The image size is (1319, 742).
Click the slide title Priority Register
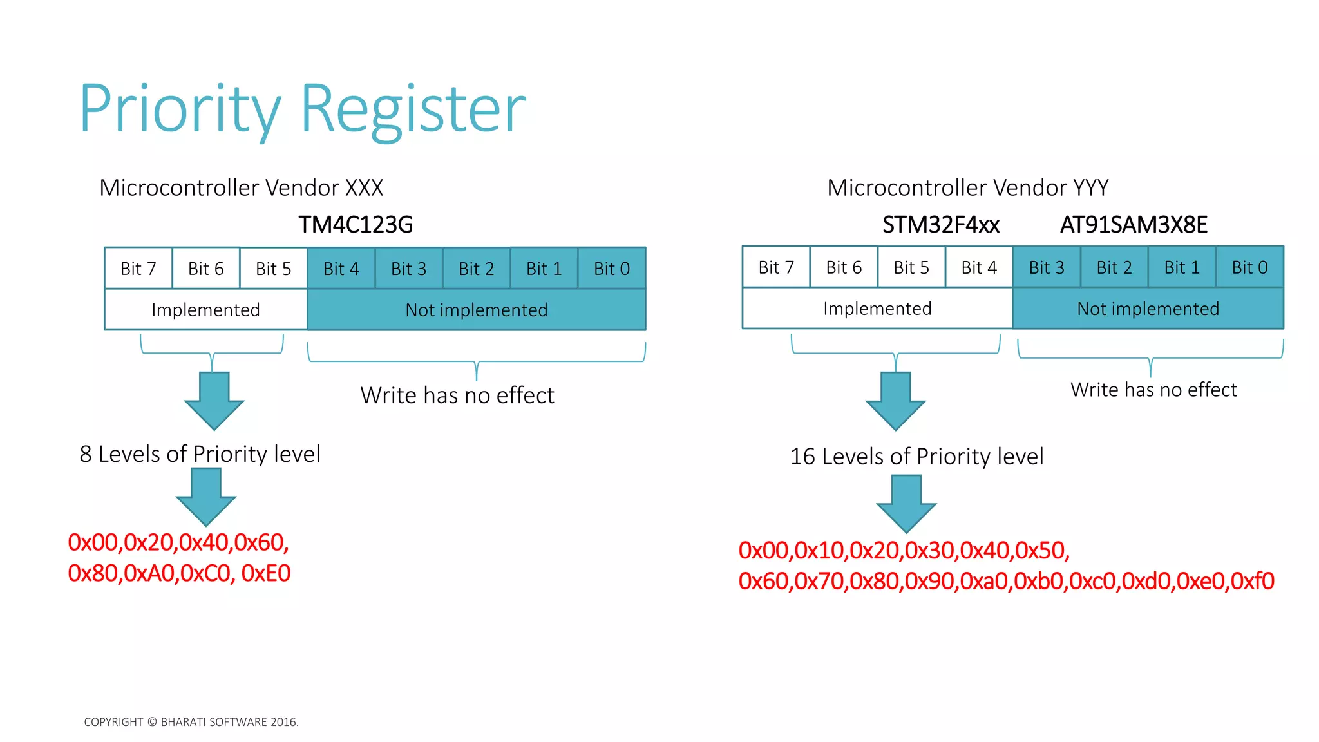tap(303, 109)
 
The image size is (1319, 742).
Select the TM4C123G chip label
tap(356, 225)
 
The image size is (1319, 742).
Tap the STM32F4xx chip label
tap(940, 225)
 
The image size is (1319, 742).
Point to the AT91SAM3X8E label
tap(1134, 225)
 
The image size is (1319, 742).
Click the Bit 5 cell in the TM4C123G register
tap(273, 269)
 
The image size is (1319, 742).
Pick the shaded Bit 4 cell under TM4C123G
tap(341, 269)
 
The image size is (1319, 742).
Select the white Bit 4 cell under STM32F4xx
tap(978, 267)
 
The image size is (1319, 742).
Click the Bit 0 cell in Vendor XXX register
tap(611, 269)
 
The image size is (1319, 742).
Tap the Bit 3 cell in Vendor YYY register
tap(1047, 267)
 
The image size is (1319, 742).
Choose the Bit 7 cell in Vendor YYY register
tap(776, 267)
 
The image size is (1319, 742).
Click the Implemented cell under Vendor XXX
tap(205, 310)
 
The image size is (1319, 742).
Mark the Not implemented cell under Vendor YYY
tap(1148, 309)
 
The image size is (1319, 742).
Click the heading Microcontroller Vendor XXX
tap(242, 187)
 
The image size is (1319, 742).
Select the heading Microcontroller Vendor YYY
tap(967, 187)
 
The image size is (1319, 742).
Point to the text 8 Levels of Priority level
tap(200, 454)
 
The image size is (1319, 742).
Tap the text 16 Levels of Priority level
tap(916, 457)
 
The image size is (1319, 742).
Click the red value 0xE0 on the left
tap(266, 573)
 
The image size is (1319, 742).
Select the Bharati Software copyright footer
tap(191, 722)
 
